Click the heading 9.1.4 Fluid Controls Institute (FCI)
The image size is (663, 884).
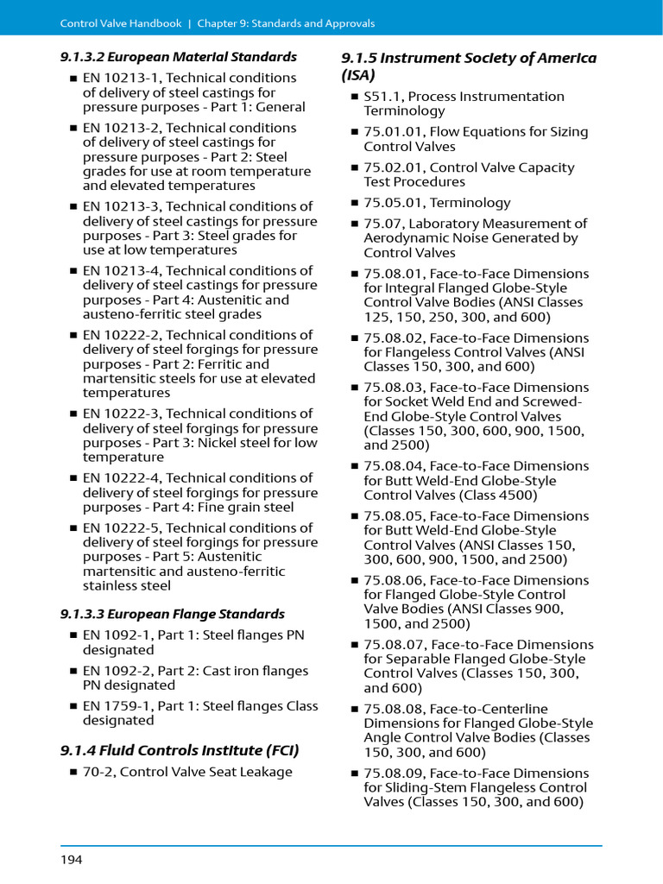(180, 749)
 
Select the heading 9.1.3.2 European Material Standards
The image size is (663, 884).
(179, 57)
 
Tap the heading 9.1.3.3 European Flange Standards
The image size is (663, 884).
(173, 615)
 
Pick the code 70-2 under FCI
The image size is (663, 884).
(98, 772)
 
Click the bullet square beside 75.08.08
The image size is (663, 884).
(354, 710)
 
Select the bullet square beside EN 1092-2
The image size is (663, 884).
(73, 672)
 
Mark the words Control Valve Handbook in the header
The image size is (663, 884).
(122, 23)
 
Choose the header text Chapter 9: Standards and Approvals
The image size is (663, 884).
(286, 23)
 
